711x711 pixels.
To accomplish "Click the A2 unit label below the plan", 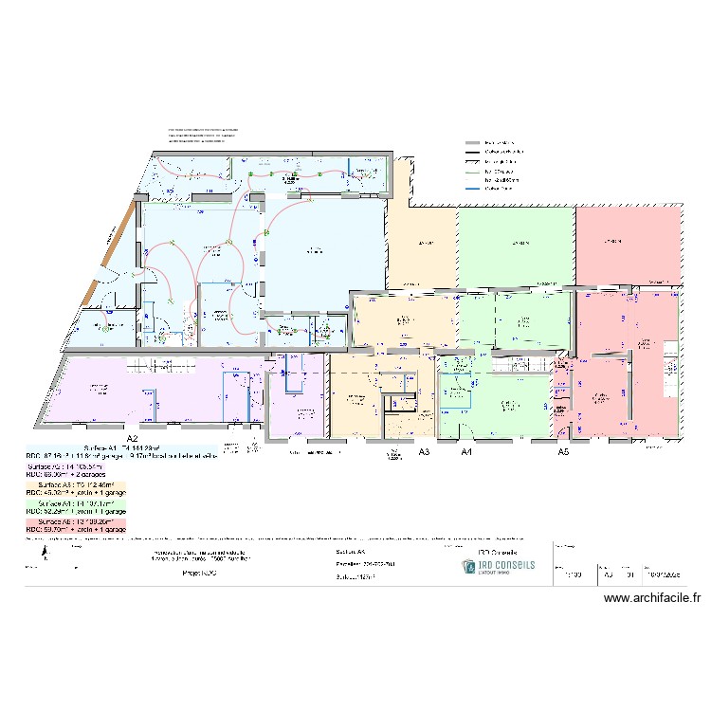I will [x=133, y=439].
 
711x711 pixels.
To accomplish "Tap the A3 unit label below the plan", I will [x=424, y=453].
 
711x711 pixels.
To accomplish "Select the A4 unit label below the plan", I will [x=466, y=453].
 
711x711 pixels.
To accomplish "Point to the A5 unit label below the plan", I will [x=563, y=453].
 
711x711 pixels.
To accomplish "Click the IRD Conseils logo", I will [x=498, y=566].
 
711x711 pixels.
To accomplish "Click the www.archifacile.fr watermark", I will [x=652, y=598].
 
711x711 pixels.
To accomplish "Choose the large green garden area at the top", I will [x=517, y=245].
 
